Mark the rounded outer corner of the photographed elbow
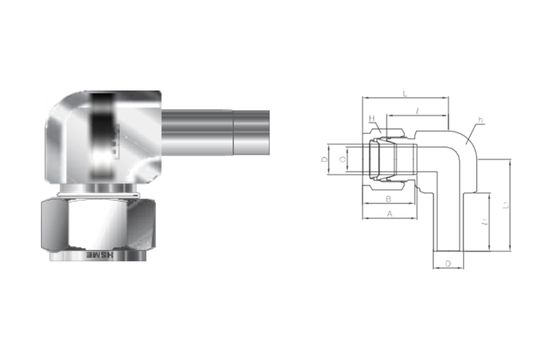pyautogui.click(x=60, y=105)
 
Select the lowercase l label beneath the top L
pyautogui.click(x=415, y=109)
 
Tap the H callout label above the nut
pyautogui.click(x=372, y=118)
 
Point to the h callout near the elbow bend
pyautogui.click(x=480, y=121)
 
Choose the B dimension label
pyautogui.click(x=388, y=199)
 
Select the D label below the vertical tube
pyautogui.click(x=447, y=263)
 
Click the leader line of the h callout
pyautogui.click(x=473, y=127)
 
